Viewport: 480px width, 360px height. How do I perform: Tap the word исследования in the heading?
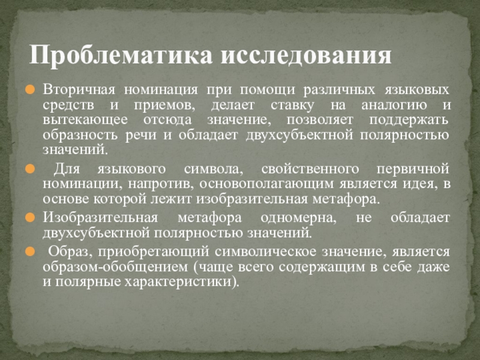[307, 56]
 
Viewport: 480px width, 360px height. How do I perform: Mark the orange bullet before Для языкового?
[34, 170]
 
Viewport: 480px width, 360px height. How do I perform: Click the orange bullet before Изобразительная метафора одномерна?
[34, 218]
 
